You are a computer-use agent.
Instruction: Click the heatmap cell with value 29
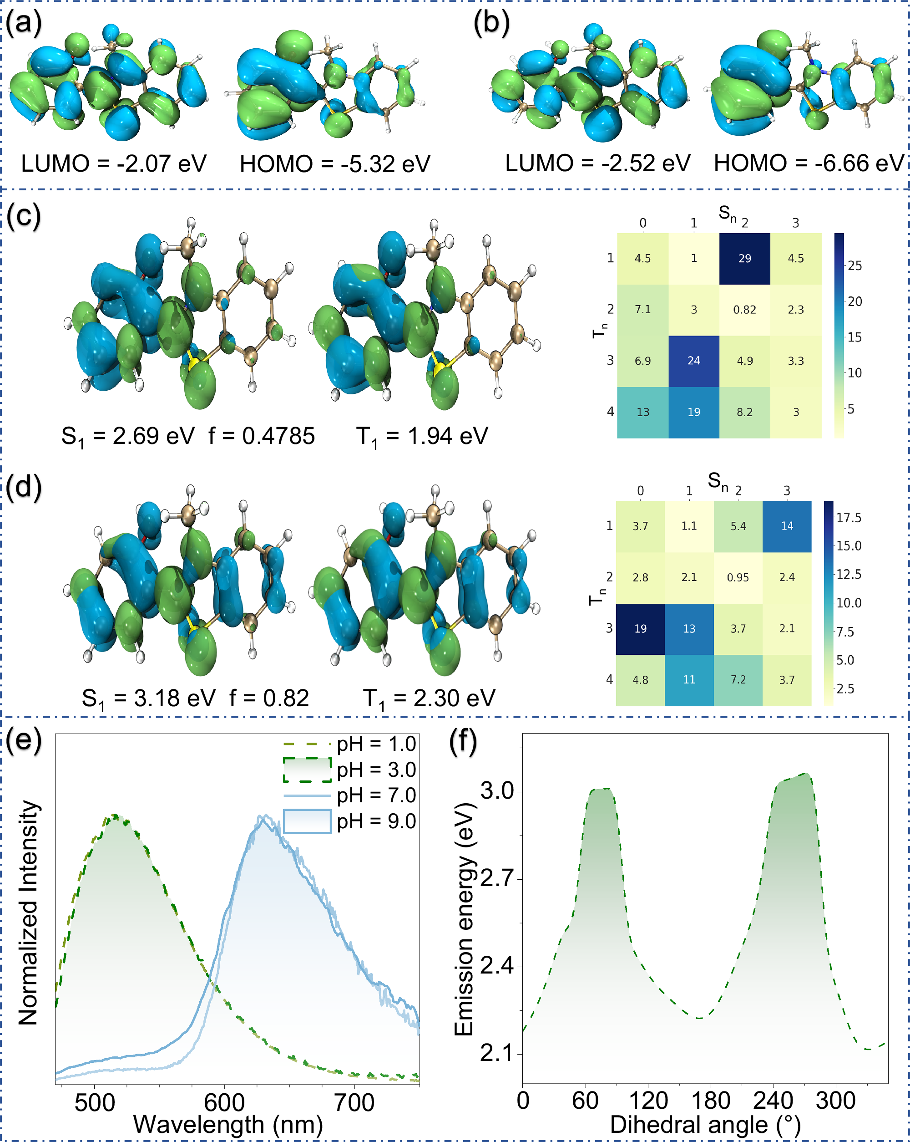pos(744,259)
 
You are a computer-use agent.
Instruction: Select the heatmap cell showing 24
pos(693,361)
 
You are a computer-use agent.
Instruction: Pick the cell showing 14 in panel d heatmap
pos(787,526)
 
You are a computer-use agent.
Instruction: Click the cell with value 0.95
pos(738,577)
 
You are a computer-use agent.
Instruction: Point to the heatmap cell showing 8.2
pos(744,412)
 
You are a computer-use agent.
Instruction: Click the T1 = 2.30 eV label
pos(429,698)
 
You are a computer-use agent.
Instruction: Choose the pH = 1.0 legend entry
pos(376,744)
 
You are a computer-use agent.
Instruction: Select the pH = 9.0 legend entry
pos(376,821)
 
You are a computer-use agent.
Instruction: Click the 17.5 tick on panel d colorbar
pos(849,518)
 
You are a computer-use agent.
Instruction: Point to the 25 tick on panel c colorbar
pos(854,266)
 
